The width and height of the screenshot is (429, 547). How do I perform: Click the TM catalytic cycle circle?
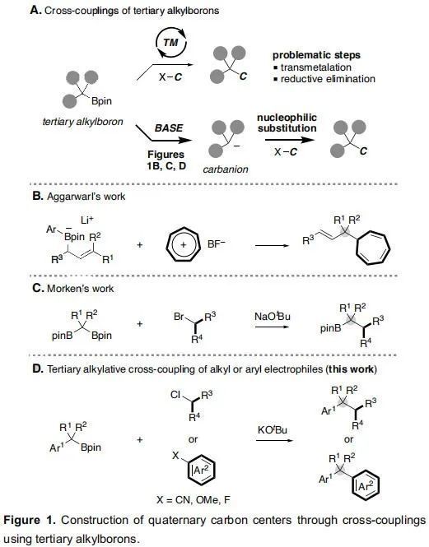[157, 44]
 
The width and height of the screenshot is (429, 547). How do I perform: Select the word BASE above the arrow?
[168, 128]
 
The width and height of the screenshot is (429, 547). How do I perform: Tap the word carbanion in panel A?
[226, 169]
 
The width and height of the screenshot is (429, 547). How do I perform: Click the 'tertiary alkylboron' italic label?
[83, 122]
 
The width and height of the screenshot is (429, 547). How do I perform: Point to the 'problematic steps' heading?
[316, 55]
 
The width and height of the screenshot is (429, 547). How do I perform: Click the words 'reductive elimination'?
[328, 79]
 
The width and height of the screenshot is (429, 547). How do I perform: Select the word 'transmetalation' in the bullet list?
[316, 67]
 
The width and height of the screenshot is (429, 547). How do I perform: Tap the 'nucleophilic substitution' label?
[287, 123]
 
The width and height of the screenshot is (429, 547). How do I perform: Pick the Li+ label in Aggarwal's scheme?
[87, 220]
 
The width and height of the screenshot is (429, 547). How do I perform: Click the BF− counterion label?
[217, 243]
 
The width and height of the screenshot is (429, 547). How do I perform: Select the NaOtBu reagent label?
[273, 316]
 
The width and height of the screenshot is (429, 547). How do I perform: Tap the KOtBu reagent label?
[273, 429]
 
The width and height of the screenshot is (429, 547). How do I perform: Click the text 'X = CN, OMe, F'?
[194, 500]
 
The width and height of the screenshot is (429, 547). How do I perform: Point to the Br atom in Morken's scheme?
[179, 317]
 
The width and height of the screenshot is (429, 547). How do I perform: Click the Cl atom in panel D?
[175, 395]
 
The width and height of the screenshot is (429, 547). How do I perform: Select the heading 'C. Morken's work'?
[72, 289]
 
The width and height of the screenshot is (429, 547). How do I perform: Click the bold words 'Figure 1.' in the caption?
[30, 520]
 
